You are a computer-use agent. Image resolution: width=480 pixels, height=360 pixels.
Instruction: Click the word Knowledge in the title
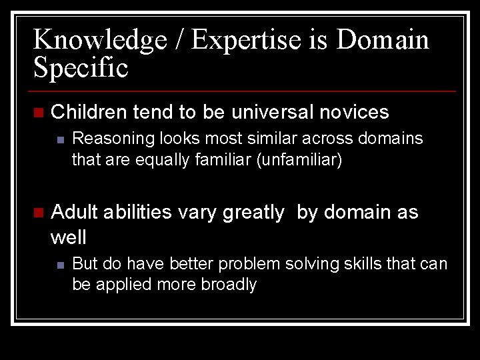click(99, 41)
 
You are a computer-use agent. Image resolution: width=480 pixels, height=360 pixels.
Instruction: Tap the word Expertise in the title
click(253, 41)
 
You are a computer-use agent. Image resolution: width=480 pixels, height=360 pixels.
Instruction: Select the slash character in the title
click(178, 41)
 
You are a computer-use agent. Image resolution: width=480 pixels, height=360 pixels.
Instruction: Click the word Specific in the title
click(81, 68)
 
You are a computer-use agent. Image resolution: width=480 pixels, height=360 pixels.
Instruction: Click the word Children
click(89, 112)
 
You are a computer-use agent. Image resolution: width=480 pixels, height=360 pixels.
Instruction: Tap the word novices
click(354, 112)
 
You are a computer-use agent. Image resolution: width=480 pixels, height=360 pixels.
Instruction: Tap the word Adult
click(74, 213)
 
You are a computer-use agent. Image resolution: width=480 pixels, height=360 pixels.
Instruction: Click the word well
click(69, 236)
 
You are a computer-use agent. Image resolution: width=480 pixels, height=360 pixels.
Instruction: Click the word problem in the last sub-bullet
click(249, 264)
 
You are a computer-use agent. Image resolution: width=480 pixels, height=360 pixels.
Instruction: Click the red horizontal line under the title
click(243, 91)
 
